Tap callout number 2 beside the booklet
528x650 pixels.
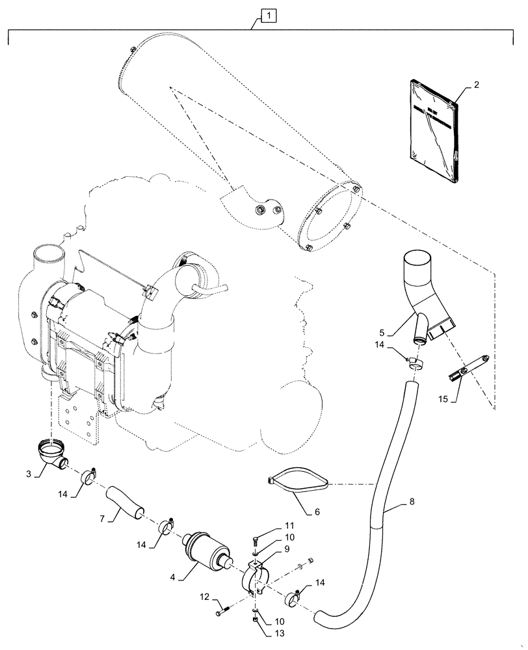coord(477,84)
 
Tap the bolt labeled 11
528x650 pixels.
coord(255,541)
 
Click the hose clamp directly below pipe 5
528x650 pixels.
coord(414,362)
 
